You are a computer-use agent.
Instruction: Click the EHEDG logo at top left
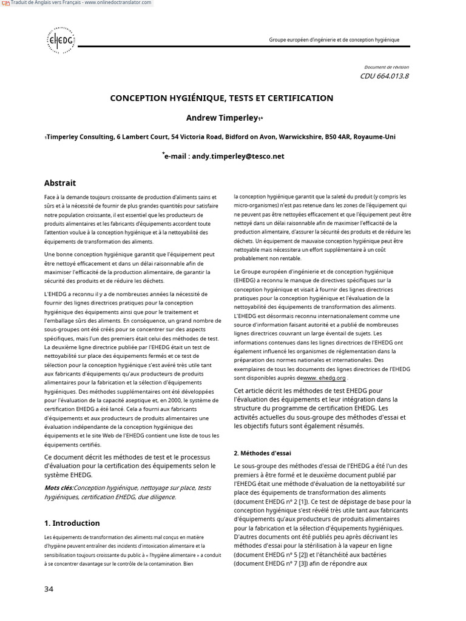pyautogui.click(x=61, y=40)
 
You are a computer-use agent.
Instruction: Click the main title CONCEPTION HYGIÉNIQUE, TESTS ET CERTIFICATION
pyautogui.click(x=221, y=98)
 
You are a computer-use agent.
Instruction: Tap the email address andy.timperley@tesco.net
pyautogui.click(x=237, y=156)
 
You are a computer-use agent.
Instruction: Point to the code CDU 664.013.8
pyautogui.click(x=384, y=76)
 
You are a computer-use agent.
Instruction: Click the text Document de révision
pyautogui.click(x=386, y=67)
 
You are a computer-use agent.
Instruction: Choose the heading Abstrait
pyautogui.click(x=60, y=183)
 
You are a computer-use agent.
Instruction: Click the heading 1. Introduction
pyautogui.click(x=72, y=523)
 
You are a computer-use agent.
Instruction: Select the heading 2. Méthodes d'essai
pyautogui.click(x=262, y=452)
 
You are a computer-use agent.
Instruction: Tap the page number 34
pyautogui.click(x=49, y=589)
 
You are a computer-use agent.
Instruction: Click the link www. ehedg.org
pyautogui.click(x=325, y=377)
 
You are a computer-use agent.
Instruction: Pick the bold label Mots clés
pyautogui.click(x=59, y=488)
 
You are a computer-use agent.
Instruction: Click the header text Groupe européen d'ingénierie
pyautogui.click(x=334, y=40)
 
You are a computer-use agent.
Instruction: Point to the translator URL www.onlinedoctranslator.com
pyautogui.click(x=120, y=3)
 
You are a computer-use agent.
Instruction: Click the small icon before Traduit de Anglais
pyautogui.click(x=5, y=3)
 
